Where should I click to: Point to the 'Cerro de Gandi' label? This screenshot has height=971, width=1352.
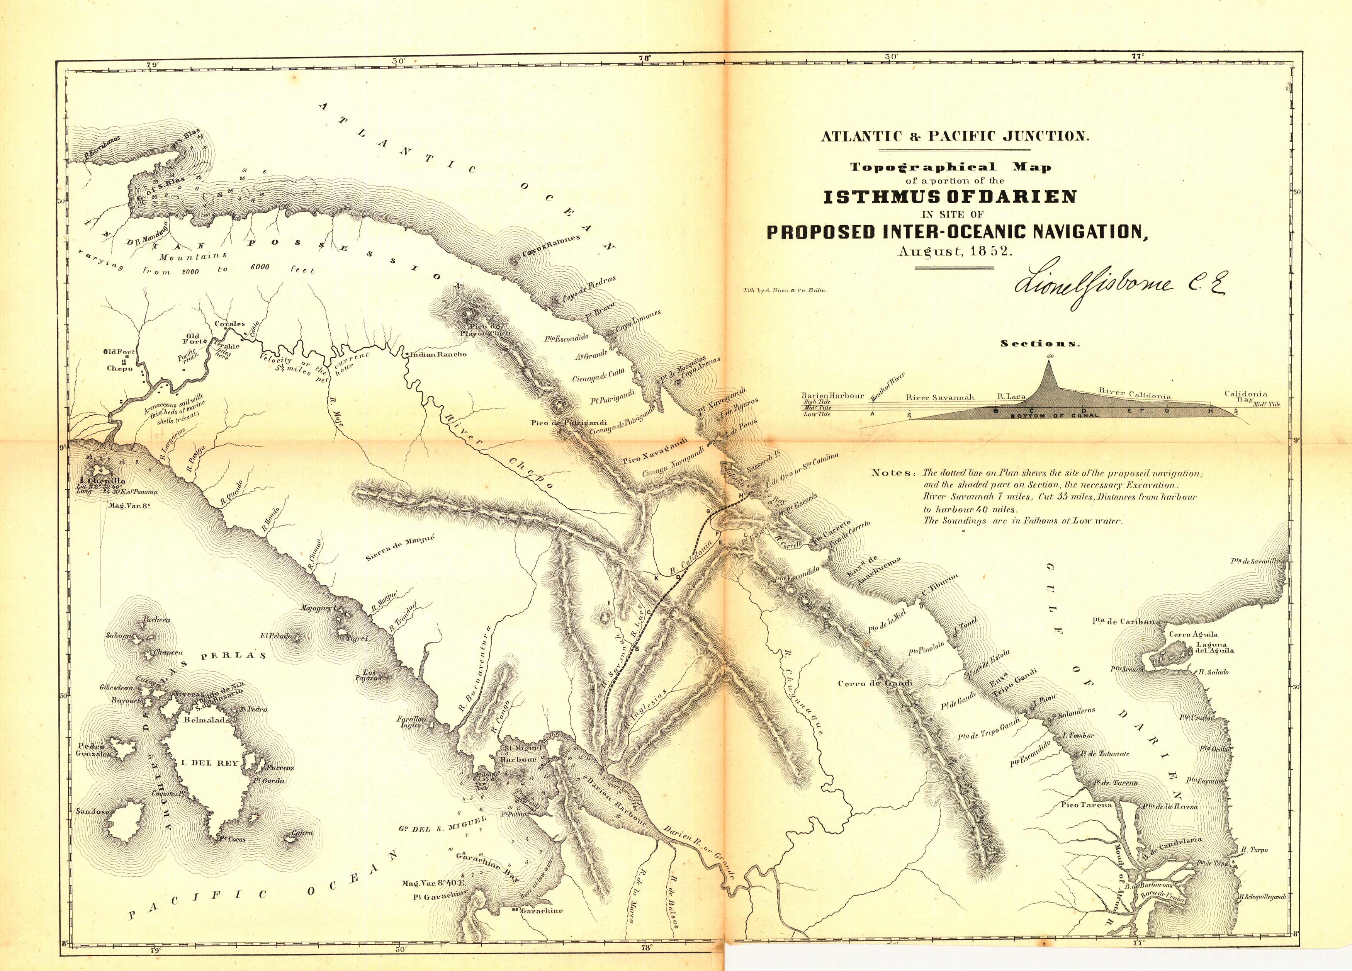(x=875, y=684)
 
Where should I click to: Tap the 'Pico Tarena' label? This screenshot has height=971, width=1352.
(x=1086, y=804)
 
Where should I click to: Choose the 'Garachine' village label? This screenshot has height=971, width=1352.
(x=541, y=911)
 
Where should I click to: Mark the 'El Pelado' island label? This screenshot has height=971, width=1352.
(x=275, y=636)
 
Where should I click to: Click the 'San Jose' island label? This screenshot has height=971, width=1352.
(x=92, y=811)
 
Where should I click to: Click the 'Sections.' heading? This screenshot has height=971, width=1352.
(x=1040, y=344)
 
